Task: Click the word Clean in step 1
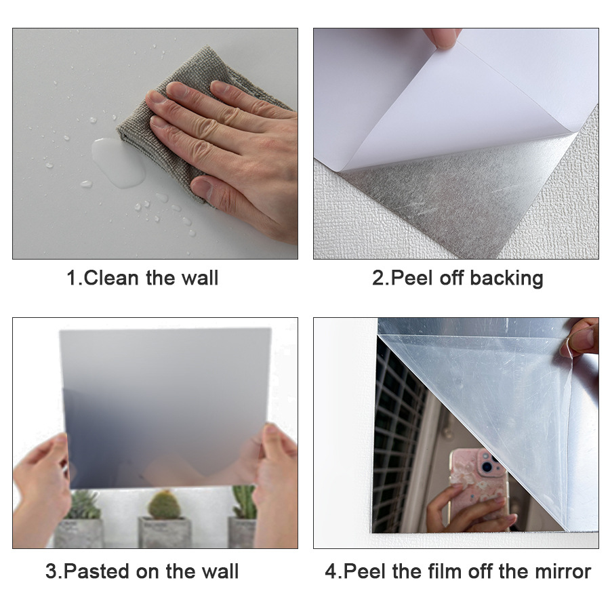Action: tap(111, 278)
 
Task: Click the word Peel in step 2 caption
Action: tap(411, 278)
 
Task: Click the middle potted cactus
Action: tap(165, 518)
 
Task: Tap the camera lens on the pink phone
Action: tap(487, 466)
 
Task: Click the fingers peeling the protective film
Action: tap(580, 337)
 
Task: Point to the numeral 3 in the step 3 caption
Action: tap(51, 571)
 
